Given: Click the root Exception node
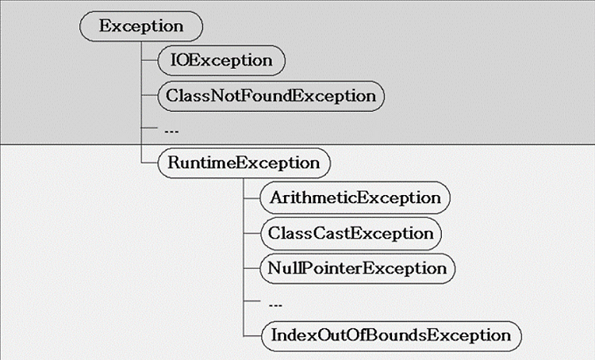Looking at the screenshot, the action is coord(141,26).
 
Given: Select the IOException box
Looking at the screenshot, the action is coord(221,61).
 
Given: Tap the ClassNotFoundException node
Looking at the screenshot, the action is coord(271,96).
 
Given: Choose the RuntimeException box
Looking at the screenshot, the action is coord(244,163).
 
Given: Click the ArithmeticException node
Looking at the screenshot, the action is coord(355,197).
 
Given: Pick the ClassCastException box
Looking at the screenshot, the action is coord(351,233).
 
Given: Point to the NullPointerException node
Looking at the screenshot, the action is coord(357,269).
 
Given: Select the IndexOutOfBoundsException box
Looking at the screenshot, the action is coord(391,335).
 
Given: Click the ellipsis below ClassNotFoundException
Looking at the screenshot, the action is coord(171,132).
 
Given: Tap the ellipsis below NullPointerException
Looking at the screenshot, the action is coord(275,304).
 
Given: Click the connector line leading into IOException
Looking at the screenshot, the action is coord(149,60).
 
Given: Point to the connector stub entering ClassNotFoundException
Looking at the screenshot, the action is coord(149,96).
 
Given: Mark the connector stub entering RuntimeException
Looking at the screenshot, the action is coord(149,163).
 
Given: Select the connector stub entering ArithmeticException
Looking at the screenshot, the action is coord(251,198).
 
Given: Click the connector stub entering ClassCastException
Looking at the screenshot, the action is coord(252,233).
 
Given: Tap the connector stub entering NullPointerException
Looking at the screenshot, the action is coord(251,268).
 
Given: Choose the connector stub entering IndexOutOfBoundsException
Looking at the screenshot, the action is coord(252,336).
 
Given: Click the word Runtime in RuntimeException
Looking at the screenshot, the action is coord(202,163).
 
